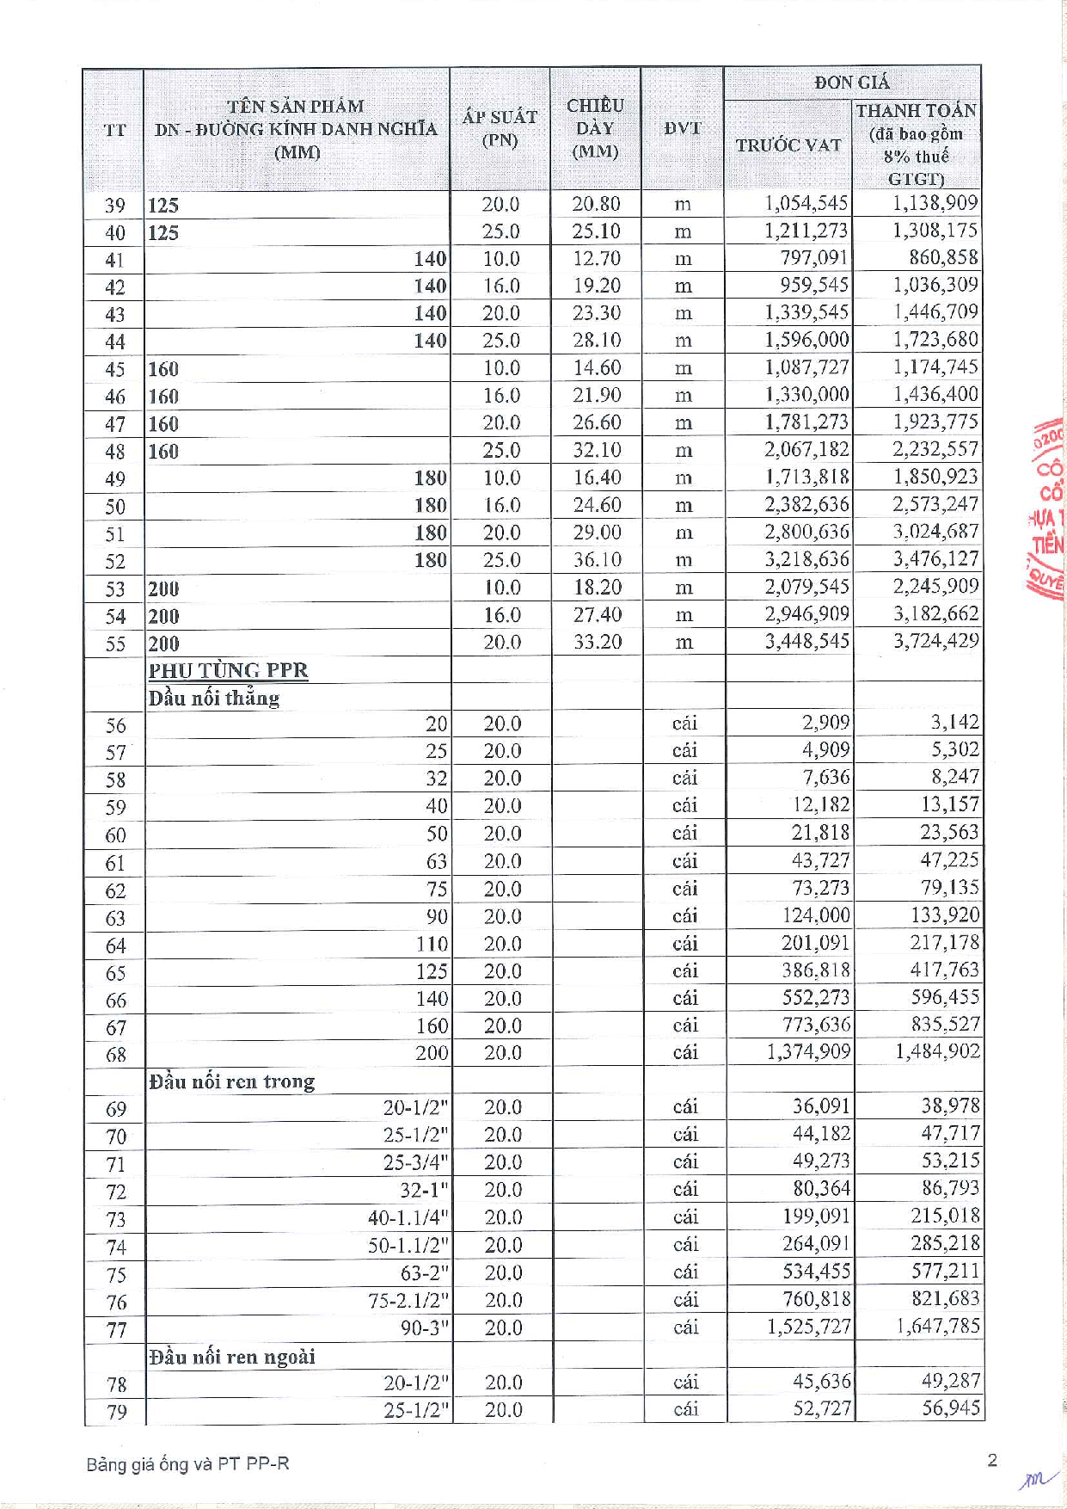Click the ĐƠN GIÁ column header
click(x=851, y=83)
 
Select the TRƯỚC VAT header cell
click(x=788, y=145)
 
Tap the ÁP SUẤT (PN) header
click(x=500, y=128)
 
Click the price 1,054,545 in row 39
click(x=806, y=204)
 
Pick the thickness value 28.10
click(x=597, y=341)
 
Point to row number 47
click(x=114, y=424)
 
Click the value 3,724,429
click(x=935, y=641)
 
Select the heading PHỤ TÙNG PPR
click(x=228, y=670)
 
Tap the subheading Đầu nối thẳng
click(x=213, y=698)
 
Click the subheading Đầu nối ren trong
click(x=231, y=1081)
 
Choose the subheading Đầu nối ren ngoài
click(x=231, y=1357)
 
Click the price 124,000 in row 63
click(x=815, y=915)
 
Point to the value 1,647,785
click(x=937, y=1327)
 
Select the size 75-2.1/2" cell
click(x=408, y=1300)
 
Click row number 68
click(x=115, y=1055)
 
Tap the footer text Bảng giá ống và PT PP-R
click(x=187, y=1463)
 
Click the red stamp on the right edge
click(x=1048, y=508)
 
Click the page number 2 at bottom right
click(x=992, y=1460)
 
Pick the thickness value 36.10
click(x=597, y=560)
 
